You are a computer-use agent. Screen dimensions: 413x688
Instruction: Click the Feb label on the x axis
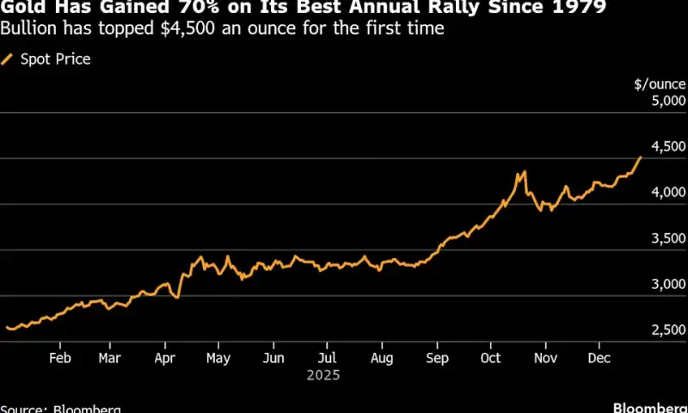click(x=59, y=358)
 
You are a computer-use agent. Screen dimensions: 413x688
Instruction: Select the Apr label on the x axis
click(x=165, y=358)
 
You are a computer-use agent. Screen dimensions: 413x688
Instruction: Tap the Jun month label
click(x=273, y=358)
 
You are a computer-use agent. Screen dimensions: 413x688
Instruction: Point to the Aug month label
click(x=381, y=358)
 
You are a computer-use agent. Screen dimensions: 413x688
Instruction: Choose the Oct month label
click(x=490, y=358)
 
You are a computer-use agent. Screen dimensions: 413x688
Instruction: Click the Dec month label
click(x=598, y=358)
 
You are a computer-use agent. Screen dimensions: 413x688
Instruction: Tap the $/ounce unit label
click(x=660, y=84)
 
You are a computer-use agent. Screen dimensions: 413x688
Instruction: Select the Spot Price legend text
click(x=55, y=59)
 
